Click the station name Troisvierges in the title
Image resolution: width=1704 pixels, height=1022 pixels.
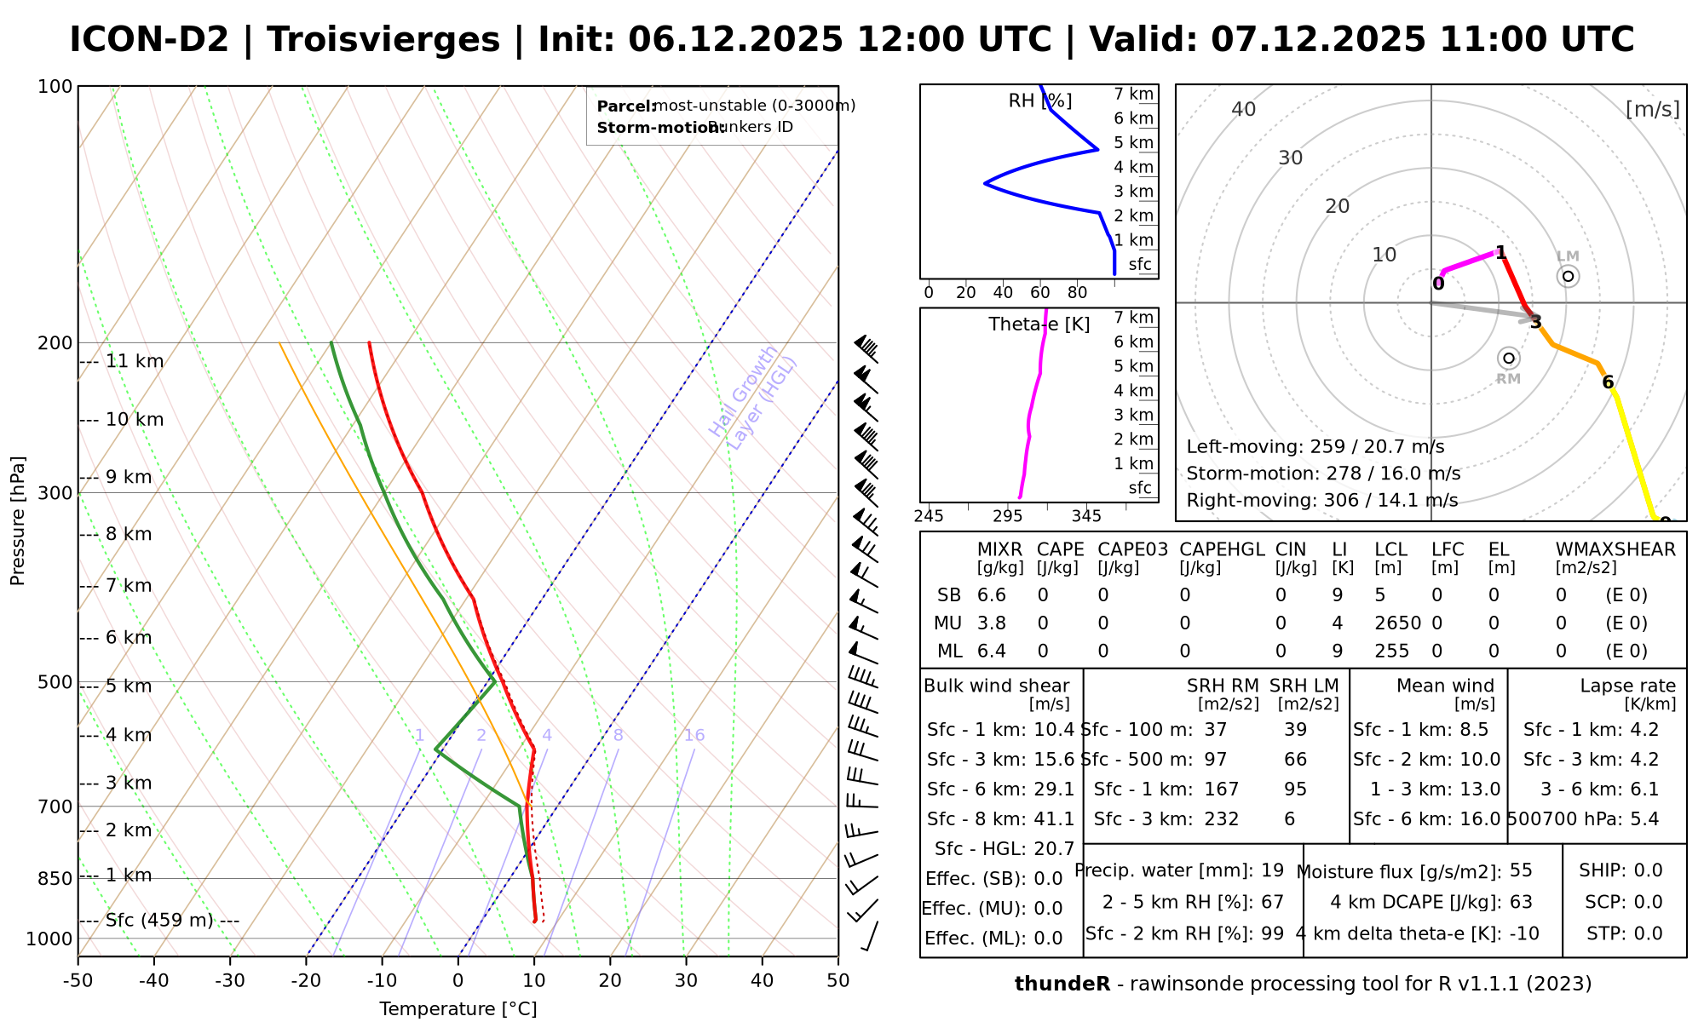[x=383, y=40]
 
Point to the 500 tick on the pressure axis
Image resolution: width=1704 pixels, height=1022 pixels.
[x=55, y=682]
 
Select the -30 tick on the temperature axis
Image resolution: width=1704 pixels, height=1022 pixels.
[x=230, y=981]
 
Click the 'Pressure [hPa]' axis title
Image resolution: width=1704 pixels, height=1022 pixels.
[x=18, y=520]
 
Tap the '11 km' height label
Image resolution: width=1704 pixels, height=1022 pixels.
[x=135, y=361]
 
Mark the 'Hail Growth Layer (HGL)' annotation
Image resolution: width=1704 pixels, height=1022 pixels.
[x=753, y=397]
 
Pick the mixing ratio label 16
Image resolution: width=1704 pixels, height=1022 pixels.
[x=694, y=736]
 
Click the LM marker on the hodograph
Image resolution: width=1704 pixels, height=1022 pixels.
[x=1568, y=276]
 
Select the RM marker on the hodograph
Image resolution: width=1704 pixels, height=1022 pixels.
[x=1509, y=359]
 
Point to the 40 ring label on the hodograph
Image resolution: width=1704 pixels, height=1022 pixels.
[x=1244, y=109]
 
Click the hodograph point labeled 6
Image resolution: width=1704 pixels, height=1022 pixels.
[x=1608, y=382]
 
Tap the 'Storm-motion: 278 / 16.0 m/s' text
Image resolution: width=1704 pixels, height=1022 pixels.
[x=1323, y=474]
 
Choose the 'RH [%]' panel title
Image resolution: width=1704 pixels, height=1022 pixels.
[x=1040, y=101]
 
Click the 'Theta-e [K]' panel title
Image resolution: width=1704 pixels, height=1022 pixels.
[x=1039, y=324]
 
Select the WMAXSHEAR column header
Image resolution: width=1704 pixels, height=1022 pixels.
[x=1615, y=549]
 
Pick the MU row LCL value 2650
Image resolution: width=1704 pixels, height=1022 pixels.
[x=1397, y=623]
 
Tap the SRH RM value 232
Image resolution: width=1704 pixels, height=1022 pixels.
[x=1222, y=819]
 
